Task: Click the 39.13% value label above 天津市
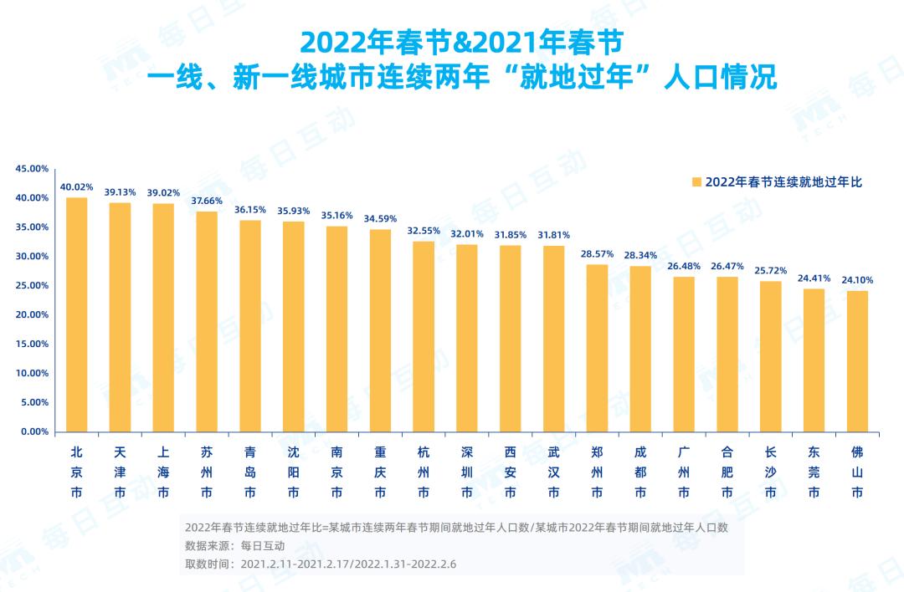(120, 191)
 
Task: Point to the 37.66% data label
(206, 201)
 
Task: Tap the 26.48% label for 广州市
(684, 266)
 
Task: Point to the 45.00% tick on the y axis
(33, 169)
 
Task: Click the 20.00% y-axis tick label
(33, 315)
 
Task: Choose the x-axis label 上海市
(163, 472)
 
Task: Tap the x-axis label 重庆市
(380, 472)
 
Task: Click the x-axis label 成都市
(640, 472)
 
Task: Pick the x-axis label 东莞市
(814, 472)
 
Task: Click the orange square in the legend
(696, 181)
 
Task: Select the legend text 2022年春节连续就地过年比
(783, 182)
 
